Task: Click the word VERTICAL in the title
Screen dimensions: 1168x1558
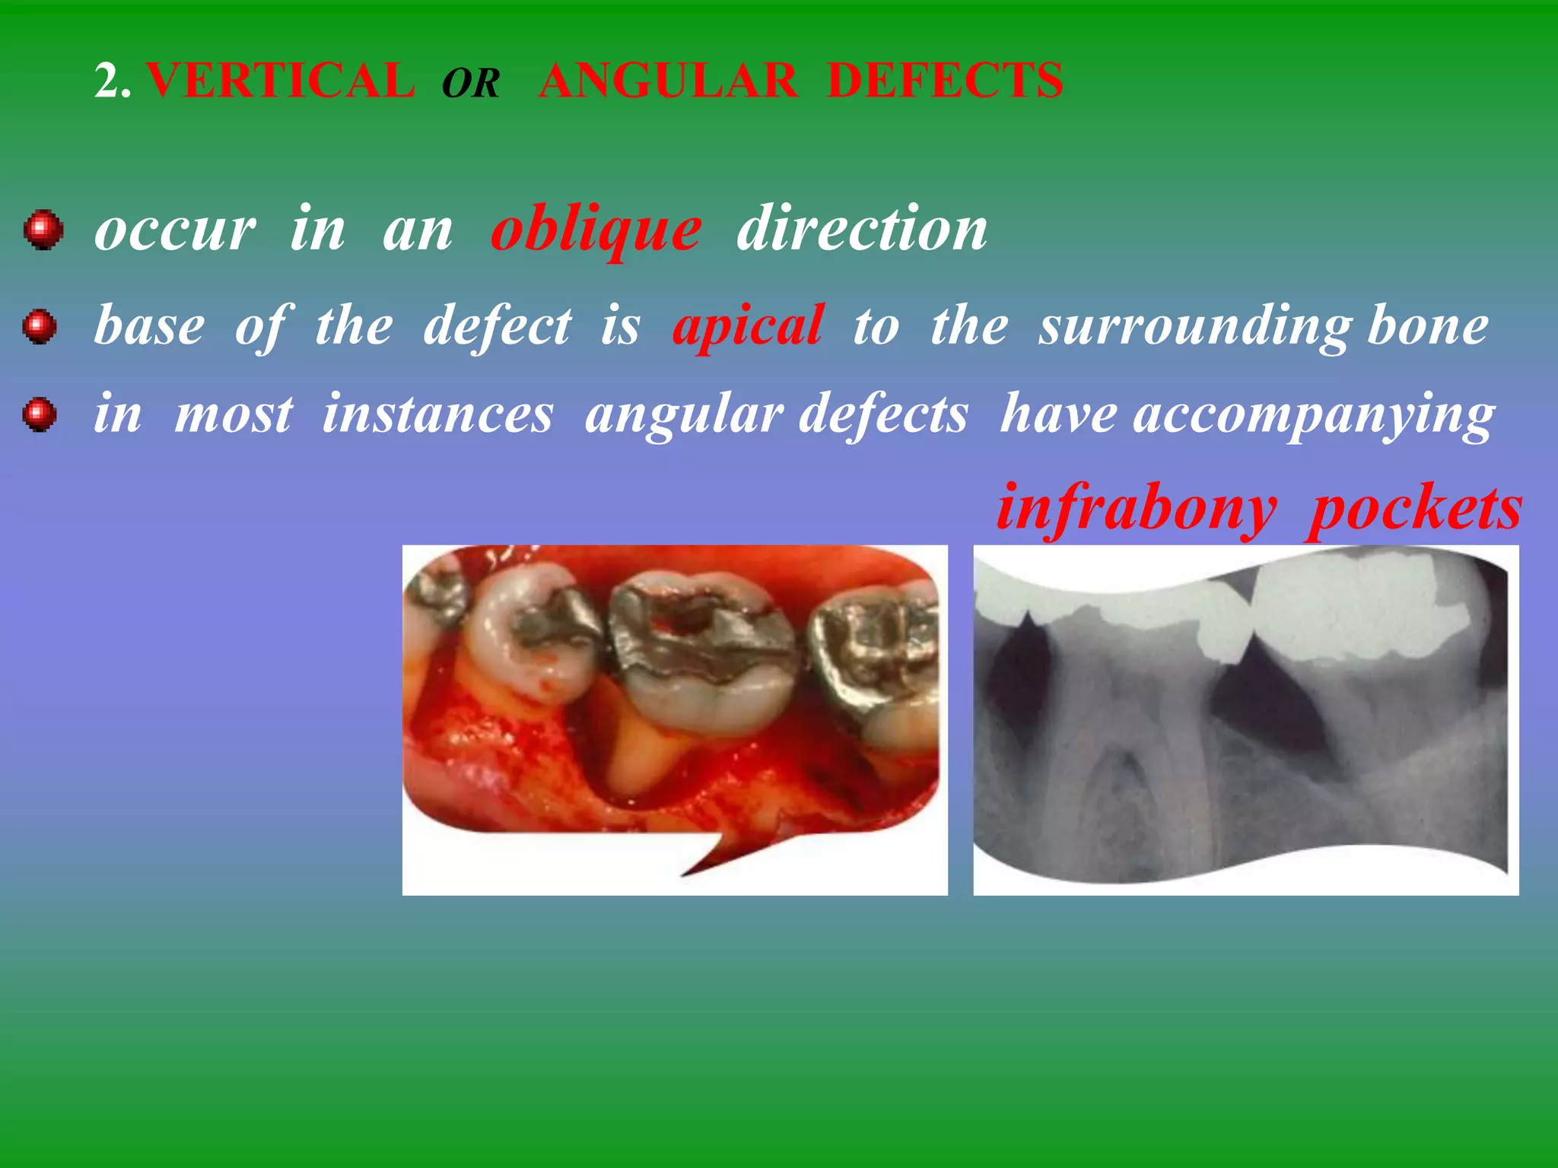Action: click(x=280, y=81)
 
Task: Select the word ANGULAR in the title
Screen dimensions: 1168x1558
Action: click(x=668, y=81)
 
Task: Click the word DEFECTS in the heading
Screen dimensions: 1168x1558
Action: click(x=945, y=81)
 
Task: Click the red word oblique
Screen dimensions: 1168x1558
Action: click(x=596, y=230)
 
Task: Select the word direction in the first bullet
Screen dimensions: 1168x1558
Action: click(x=862, y=229)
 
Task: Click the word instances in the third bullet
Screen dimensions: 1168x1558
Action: click(x=437, y=415)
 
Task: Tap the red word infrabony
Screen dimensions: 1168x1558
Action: click(x=1137, y=509)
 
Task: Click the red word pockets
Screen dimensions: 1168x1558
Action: click(x=1416, y=509)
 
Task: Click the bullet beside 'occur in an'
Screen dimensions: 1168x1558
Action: click(x=43, y=230)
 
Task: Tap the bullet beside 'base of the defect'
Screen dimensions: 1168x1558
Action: click(x=40, y=327)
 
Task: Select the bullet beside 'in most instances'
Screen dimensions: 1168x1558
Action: click(x=40, y=415)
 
